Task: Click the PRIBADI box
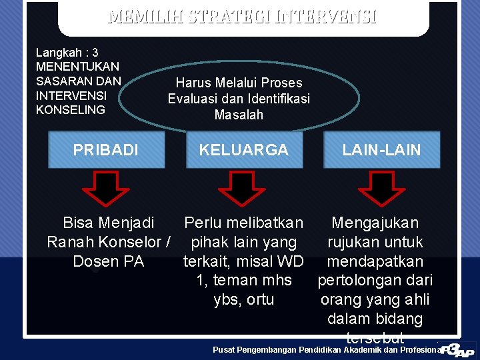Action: (x=106, y=150)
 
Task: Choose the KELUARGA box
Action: (x=244, y=150)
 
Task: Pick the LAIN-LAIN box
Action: (x=382, y=150)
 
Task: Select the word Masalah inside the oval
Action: (x=239, y=115)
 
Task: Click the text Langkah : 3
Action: (x=67, y=52)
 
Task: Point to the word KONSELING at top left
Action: (x=71, y=109)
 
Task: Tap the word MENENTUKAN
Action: (x=77, y=67)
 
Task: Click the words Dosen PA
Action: (x=108, y=261)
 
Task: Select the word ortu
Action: (x=260, y=299)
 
